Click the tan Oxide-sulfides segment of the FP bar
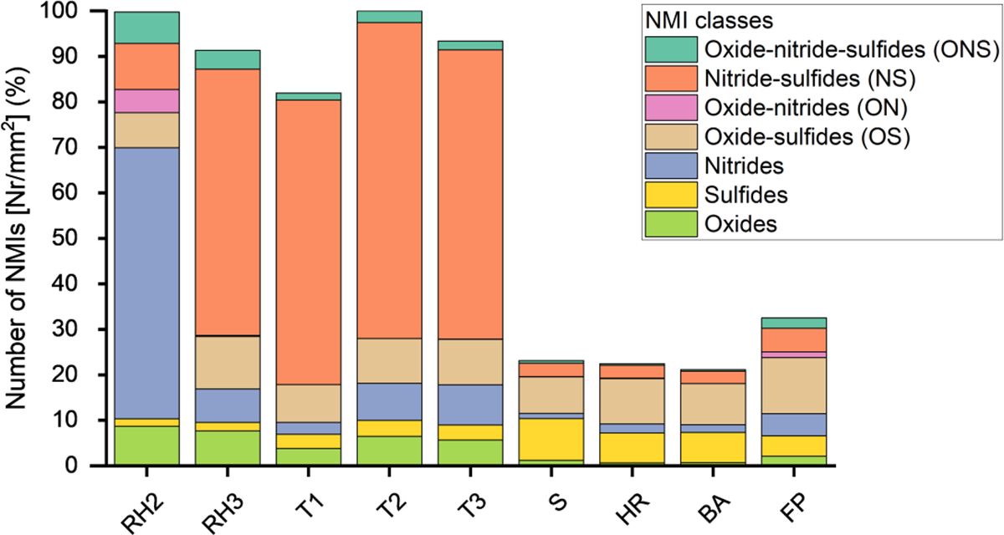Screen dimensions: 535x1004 799,385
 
